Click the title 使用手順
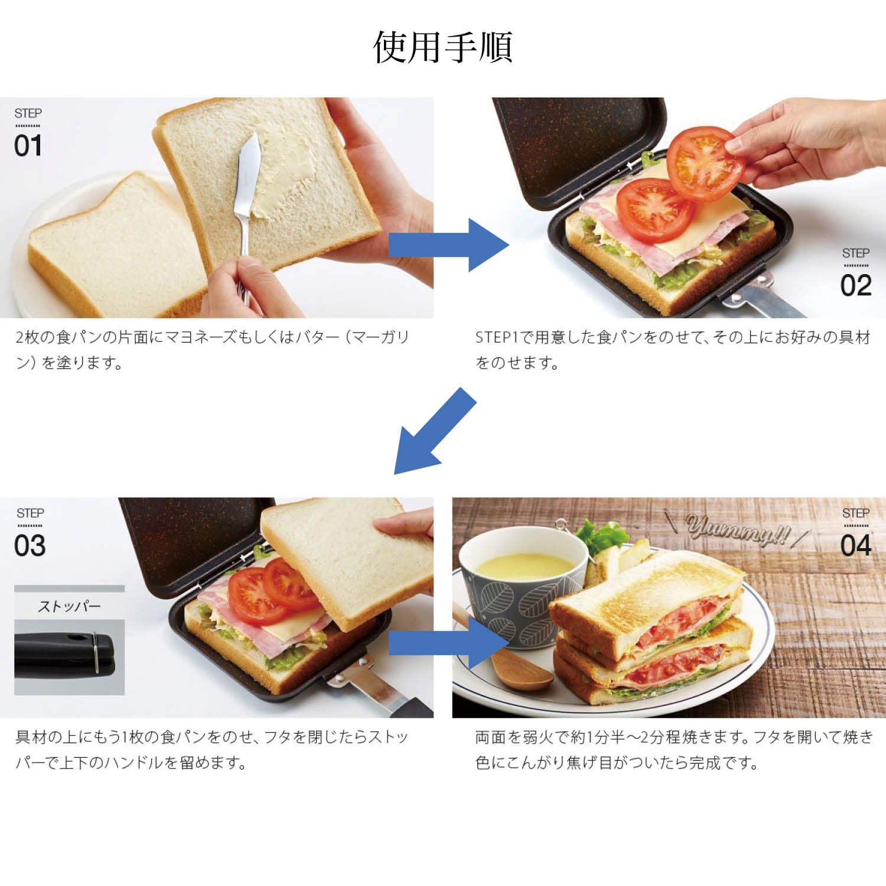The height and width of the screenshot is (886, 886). pos(443,47)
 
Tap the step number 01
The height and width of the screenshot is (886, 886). pos(28,146)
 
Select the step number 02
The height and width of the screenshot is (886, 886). pos(856,286)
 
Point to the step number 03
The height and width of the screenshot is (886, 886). pos(30,546)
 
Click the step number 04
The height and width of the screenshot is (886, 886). pos(856,546)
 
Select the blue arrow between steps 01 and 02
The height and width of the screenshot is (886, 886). pos(448,245)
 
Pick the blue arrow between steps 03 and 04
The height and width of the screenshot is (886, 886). pos(448,643)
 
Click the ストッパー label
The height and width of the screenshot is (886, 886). pos(69,606)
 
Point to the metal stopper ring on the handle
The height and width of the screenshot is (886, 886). pos(95,652)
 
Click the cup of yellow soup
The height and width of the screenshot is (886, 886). pos(523,585)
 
